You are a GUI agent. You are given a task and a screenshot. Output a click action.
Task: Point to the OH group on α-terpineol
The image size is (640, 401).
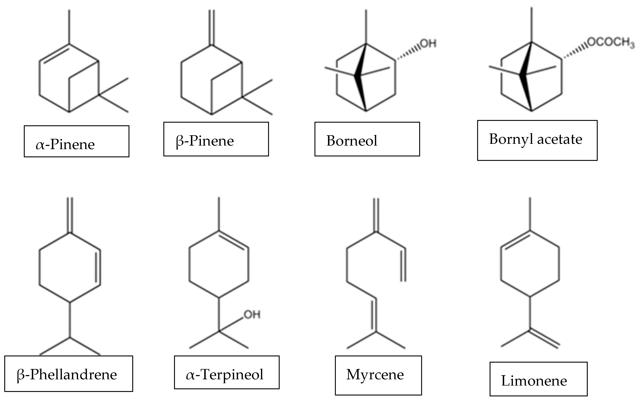(252, 315)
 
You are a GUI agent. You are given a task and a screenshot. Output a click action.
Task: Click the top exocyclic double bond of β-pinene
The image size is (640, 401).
(212, 28)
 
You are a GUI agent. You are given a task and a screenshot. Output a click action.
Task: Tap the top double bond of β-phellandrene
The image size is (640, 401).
(70, 215)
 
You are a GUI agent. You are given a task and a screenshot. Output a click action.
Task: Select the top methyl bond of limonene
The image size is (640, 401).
(530, 214)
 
